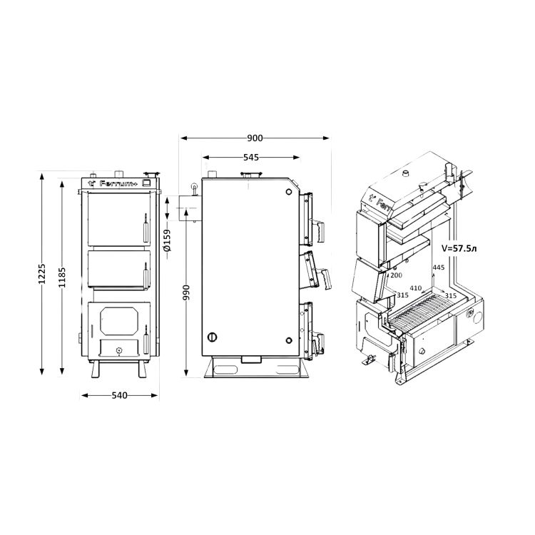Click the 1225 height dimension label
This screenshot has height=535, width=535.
coord(41,273)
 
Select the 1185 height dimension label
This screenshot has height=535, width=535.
coord(62,277)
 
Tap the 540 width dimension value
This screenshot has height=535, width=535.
coord(119,395)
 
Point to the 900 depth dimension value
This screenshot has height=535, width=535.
coord(255,138)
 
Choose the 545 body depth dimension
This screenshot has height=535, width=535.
coord(251,158)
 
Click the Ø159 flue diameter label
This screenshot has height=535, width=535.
coord(167,240)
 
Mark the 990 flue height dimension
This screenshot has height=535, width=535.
coord(186,292)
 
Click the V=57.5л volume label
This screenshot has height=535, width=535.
coord(459,248)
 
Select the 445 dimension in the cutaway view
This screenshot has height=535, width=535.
coord(439,267)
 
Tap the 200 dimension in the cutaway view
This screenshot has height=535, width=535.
coord(396,275)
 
